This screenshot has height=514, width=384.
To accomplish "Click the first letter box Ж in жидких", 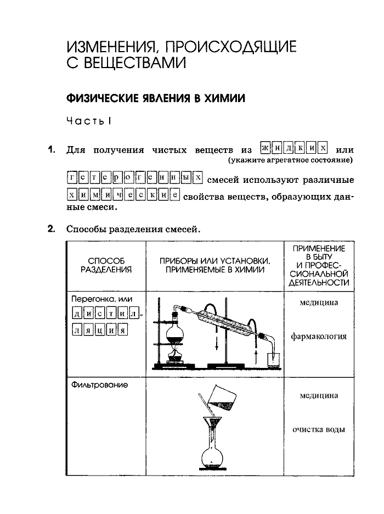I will (267, 149).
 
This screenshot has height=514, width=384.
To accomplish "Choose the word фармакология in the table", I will (319, 336).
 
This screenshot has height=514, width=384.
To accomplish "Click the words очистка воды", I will (319, 429).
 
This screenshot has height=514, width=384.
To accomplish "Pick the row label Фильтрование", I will (99, 385).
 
